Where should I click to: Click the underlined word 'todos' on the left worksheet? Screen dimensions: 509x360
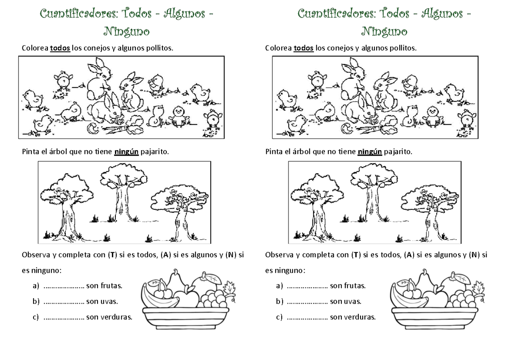coord(60,48)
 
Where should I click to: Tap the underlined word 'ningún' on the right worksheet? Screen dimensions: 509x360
coord(370,151)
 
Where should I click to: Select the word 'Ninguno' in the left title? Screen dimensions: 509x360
coord(126,31)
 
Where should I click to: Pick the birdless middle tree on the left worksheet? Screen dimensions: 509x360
coord(123,191)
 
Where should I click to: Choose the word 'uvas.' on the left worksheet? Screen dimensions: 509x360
coord(109,301)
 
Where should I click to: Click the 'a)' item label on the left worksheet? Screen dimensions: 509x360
coord(36,286)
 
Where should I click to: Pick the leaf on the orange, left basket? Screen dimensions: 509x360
coord(213,278)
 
